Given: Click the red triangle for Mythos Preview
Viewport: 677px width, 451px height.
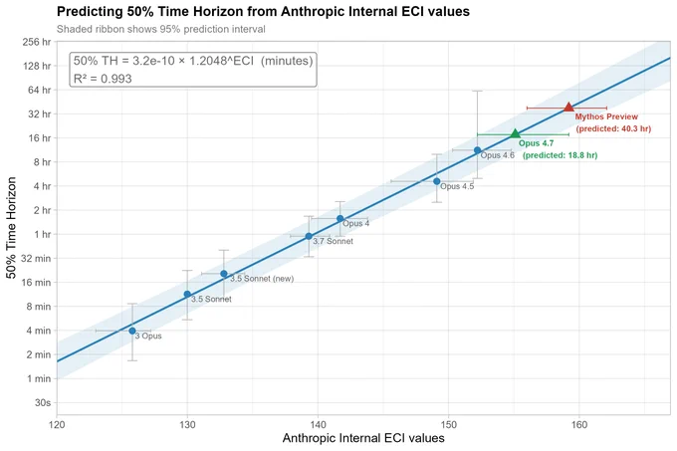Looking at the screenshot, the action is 568,108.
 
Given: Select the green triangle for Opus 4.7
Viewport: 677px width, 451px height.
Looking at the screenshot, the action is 515,133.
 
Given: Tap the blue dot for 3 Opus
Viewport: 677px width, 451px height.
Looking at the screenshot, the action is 132,331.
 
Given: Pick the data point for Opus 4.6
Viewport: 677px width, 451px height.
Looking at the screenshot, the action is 477,150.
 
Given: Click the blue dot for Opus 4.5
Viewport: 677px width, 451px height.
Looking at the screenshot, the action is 437,181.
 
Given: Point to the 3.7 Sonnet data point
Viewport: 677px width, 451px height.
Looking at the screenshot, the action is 309,236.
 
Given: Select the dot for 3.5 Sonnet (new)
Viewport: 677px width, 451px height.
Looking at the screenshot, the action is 224,274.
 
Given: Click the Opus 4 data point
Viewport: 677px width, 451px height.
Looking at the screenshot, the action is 340,219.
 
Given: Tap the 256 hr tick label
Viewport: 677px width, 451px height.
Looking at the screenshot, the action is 36,42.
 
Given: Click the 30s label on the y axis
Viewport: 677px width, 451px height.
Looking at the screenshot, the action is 43,402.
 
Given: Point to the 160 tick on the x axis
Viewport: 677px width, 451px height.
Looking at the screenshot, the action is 579,425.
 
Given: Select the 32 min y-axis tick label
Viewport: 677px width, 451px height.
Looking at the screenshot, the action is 36,258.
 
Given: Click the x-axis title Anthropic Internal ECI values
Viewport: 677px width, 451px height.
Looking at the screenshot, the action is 363,438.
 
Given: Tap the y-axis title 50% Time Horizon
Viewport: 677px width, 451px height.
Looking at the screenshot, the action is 11,228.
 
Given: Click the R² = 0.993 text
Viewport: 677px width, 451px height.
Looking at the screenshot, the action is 103,79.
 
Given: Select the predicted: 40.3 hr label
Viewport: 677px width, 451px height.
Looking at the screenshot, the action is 613,128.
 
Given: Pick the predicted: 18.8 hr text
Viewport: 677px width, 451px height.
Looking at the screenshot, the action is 560,155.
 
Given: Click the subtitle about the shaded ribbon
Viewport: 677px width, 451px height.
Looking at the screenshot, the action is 161,29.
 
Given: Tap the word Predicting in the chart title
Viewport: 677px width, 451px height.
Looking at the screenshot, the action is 90,12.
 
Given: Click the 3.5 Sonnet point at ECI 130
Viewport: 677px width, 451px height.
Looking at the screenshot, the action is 187,294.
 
